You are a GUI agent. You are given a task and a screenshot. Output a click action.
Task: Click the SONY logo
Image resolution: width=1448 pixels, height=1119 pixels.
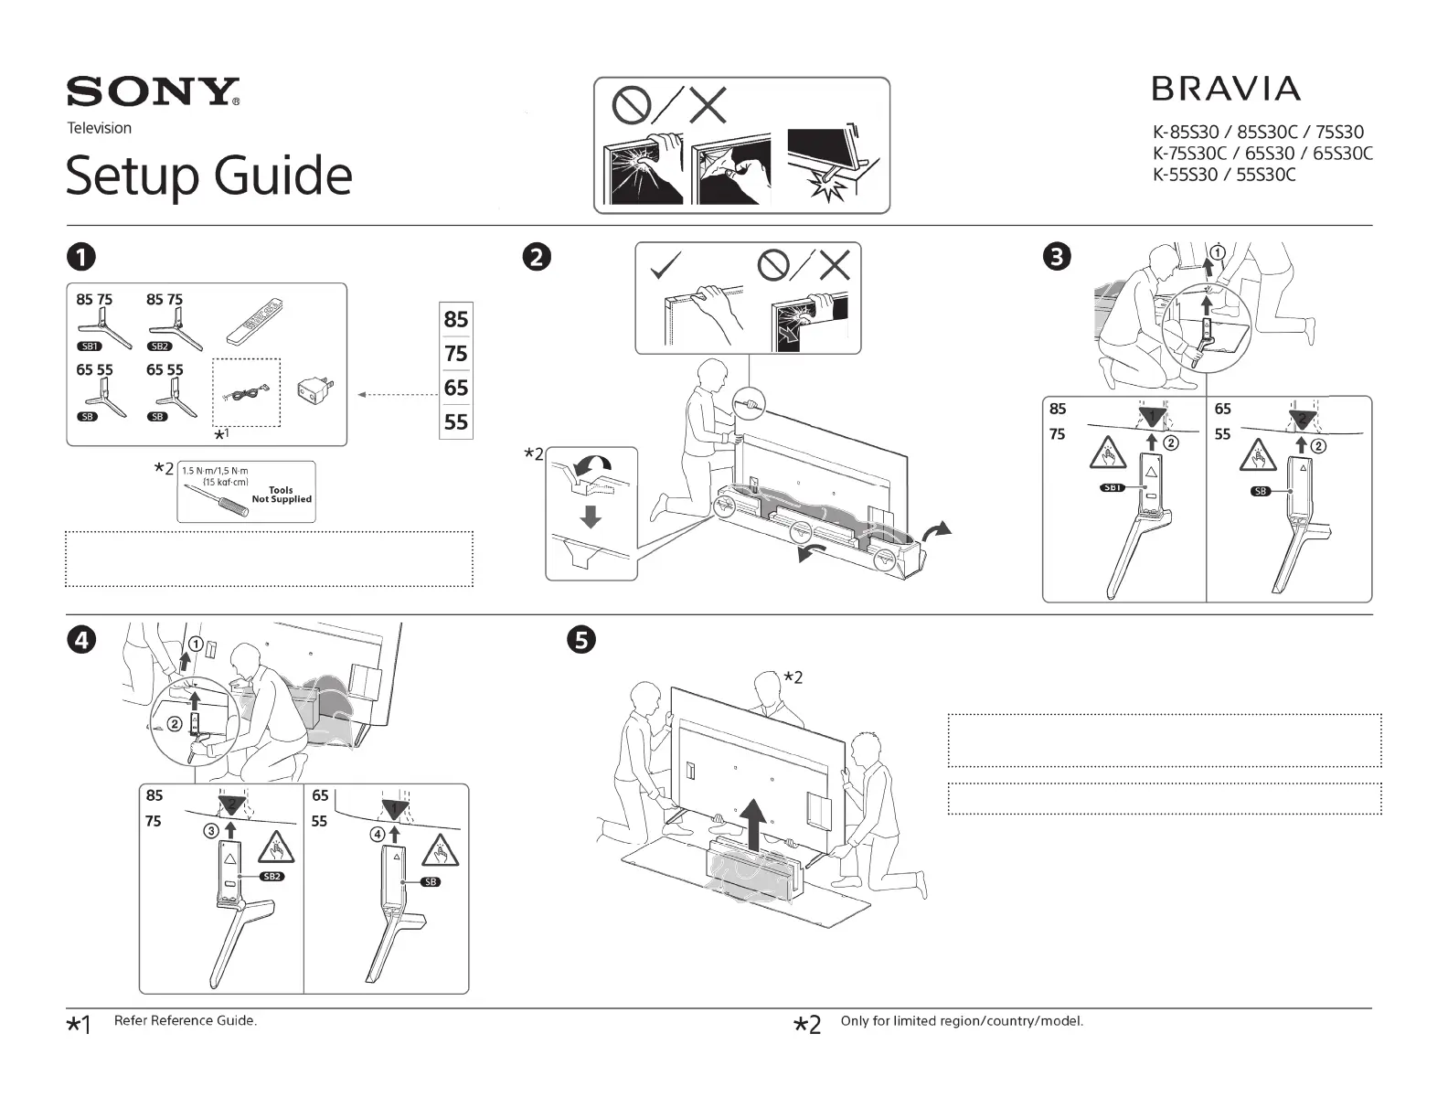point(153,92)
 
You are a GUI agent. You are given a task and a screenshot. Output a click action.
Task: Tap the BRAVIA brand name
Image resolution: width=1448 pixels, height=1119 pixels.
point(1225,89)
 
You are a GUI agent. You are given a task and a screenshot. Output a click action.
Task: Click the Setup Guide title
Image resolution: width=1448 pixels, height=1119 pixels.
point(208,176)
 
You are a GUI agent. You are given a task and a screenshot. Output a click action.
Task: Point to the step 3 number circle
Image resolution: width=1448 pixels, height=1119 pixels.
point(1058,257)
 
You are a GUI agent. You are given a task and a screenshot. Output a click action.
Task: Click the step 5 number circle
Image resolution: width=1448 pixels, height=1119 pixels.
point(581,640)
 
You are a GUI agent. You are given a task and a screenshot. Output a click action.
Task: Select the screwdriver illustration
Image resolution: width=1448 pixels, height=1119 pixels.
point(217,499)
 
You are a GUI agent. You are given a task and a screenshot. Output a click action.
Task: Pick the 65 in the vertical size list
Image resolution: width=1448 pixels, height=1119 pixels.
point(456,388)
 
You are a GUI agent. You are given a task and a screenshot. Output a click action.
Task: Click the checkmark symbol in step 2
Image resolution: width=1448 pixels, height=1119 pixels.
point(665,266)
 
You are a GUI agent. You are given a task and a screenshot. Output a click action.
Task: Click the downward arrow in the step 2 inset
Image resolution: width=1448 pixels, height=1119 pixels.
point(591,517)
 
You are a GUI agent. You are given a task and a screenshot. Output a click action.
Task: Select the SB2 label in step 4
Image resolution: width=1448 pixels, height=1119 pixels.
point(271,876)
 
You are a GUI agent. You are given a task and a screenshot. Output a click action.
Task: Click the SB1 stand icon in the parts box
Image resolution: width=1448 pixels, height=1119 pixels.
point(94,327)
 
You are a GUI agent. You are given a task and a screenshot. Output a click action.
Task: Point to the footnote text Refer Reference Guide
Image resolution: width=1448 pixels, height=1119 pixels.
point(186,1020)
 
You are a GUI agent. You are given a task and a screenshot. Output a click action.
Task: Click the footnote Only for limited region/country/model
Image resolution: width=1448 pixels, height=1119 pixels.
point(962,1020)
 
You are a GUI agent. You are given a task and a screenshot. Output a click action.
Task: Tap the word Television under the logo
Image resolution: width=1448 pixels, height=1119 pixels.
point(100,128)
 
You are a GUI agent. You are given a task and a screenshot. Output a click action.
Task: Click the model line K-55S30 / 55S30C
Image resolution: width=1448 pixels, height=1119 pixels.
point(1224,175)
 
